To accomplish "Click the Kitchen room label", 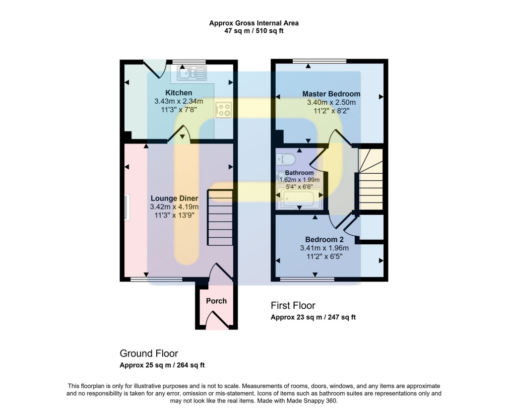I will [x=179, y=93].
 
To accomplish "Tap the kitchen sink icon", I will [x=191, y=73].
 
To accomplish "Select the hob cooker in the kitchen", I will [x=224, y=110].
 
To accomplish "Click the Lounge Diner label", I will [x=174, y=199].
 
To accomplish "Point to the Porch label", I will [x=216, y=301].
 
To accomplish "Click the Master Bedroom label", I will [x=331, y=94].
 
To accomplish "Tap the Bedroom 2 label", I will [x=324, y=239].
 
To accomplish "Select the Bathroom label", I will [x=299, y=173].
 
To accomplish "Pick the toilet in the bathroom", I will [x=286, y=159].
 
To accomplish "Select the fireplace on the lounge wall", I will [x=126, y=207].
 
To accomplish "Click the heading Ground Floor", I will [x=148, y=353].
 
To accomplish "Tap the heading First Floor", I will [x=293, y=305].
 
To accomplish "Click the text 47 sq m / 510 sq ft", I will [x=254, y=31].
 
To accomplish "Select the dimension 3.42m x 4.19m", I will [x=174, y=207].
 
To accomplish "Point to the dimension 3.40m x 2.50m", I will [x=331, y=103].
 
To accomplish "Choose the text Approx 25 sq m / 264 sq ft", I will [x=162, y=365].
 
